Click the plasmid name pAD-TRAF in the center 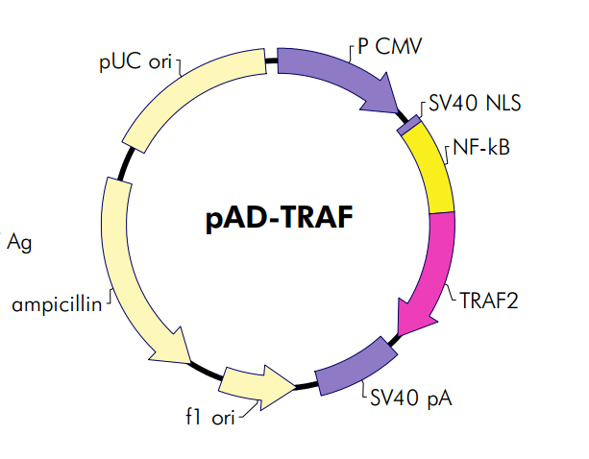279,219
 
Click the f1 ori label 211,418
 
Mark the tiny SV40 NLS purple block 409,124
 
